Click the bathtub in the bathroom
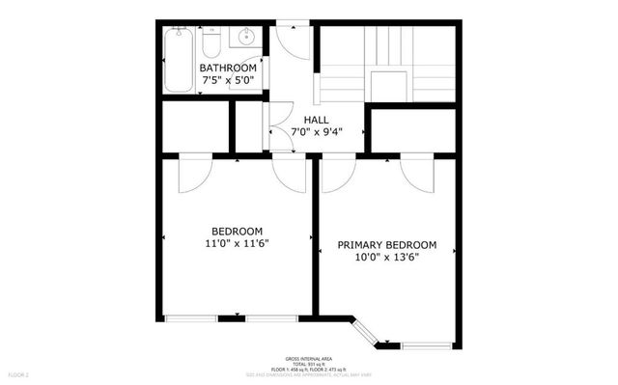tap(178, 60)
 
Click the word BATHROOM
tap(228, 69)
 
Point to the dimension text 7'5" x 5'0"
tap(228, 82)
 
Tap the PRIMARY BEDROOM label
tap(386, 245)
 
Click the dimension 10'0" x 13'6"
tap(386, 259)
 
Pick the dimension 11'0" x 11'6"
tap(237, 244)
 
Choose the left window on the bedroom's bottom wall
tap(190, 317)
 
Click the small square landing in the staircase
tap(389, 83)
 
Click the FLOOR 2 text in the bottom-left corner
tap(19, 373)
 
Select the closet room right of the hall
tap(412, 130)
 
